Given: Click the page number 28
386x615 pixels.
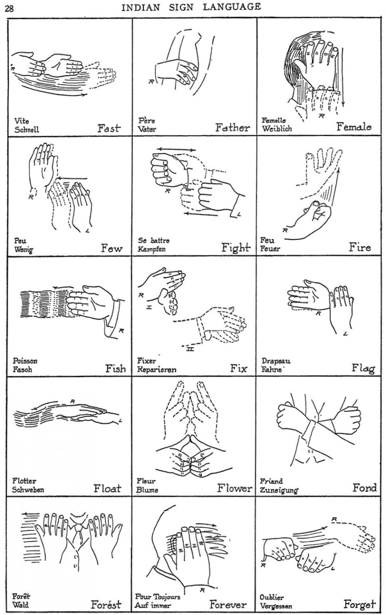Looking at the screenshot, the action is (x=9, y=9).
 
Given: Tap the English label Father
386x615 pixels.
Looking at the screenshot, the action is (x=232, y=127).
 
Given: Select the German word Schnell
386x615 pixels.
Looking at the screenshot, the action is (x=27, y=129).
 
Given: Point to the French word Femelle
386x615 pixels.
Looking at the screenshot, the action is (x=273, y=120).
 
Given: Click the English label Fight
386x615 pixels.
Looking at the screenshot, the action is (x=236, y=248).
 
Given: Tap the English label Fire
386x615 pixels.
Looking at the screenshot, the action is (x=360, y=247).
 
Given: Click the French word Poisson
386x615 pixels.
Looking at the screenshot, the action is (x=25, y=360).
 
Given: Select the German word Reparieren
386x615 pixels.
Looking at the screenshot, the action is (x=157, y=370).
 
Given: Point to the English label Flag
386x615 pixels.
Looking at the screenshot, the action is (x=363, y=368).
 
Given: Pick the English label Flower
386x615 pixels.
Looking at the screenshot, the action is (x=234, y=488).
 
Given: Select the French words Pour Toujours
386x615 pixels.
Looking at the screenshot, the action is (x=158, y=596).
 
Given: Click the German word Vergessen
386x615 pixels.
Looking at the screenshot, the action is (x=276, y=605).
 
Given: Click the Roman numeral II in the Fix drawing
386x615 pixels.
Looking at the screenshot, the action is (x=190, y=349).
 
